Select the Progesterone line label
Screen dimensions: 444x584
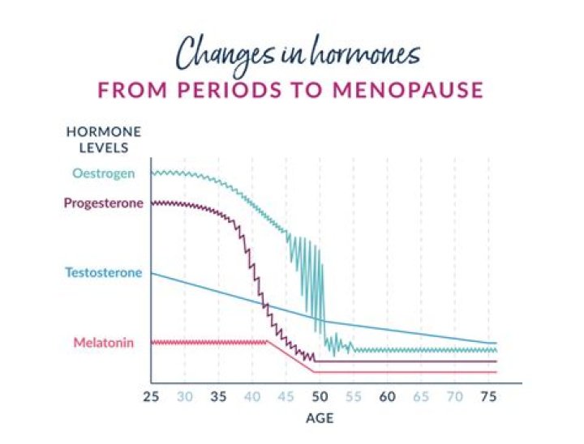point(104,203)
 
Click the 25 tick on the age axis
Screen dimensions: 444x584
point(151,397)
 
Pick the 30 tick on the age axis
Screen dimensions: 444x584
point(185,397)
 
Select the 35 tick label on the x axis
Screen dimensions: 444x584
point(218,397)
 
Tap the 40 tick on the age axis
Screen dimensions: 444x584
point(252,397)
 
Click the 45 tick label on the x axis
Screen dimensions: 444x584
point(286,397)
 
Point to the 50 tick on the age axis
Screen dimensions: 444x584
point(320,397)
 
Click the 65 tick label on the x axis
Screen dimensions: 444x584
point(421,397)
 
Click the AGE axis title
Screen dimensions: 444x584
point(320,420)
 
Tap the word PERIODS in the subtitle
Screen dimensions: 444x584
point(217,90)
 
